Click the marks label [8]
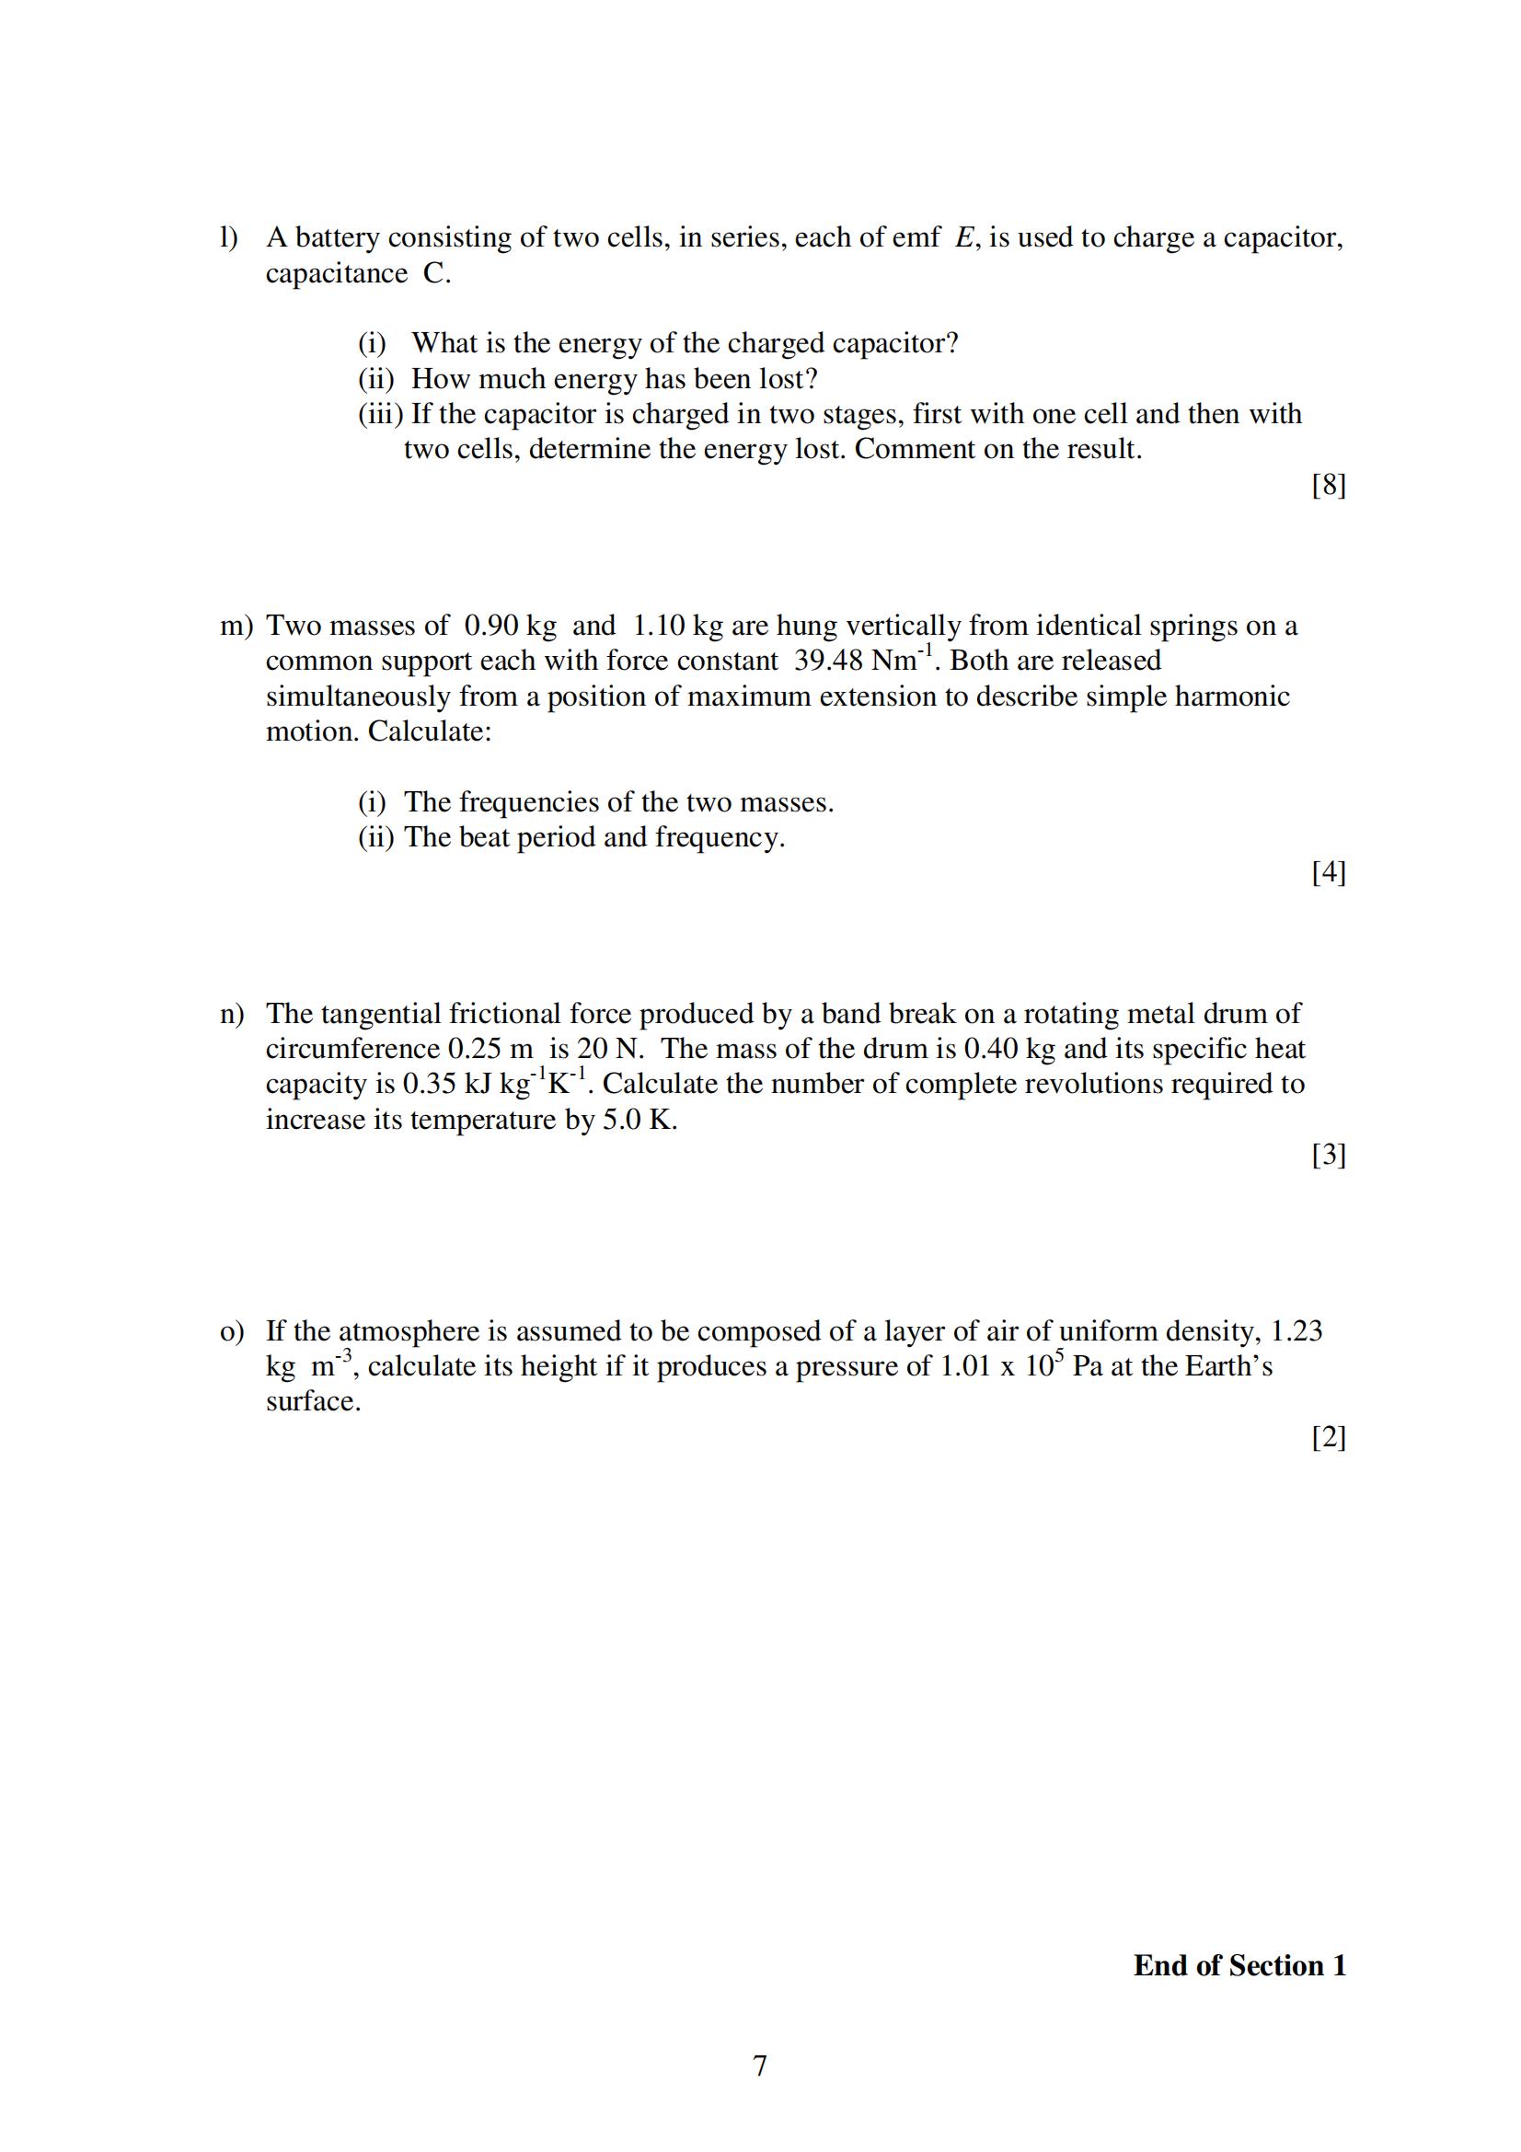tap(1328, 486)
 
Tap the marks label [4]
tap(1328, 872)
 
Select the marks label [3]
tap(1328, 1156)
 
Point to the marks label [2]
tap(1328, 1437)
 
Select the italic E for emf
tap(963, 238)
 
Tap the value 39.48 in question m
tap(827, 661)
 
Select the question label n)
tap(232, 1013)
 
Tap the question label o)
tap(232, 1331)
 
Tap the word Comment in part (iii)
tap(914, 450)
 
